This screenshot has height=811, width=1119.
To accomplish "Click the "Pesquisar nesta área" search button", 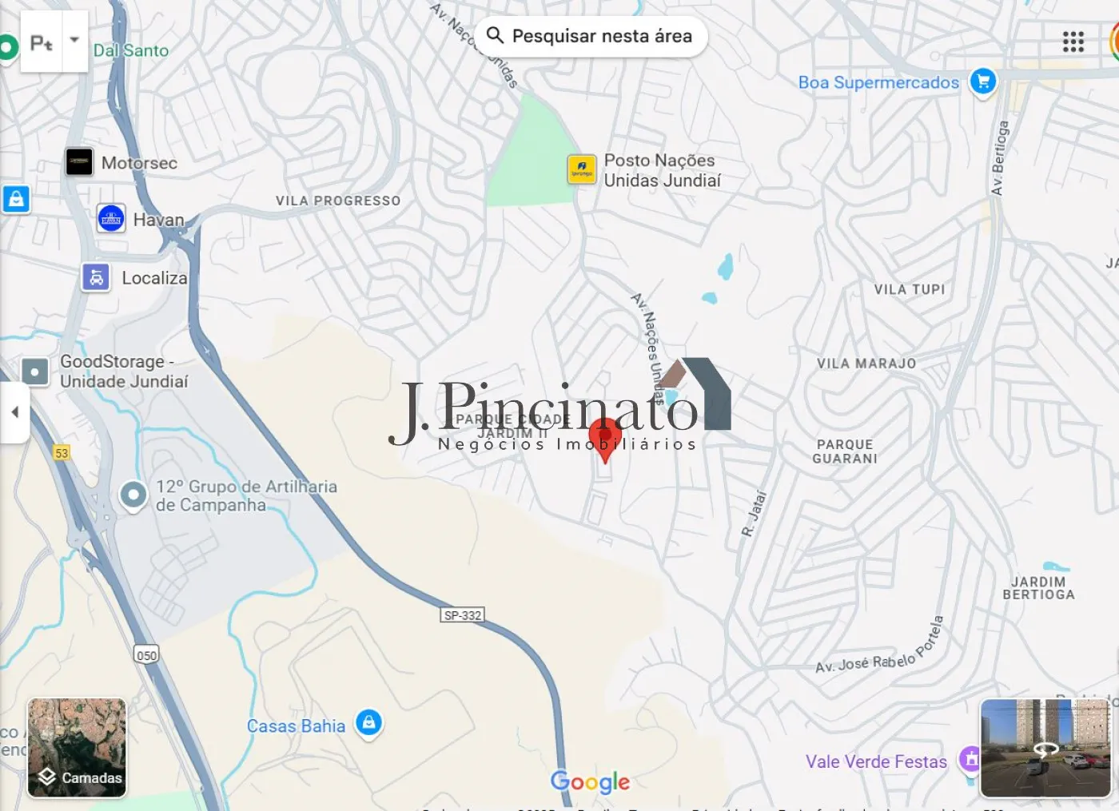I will [591, 36].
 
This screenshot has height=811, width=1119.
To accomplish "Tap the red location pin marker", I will [605, 438].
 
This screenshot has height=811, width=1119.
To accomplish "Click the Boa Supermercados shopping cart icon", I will [983, 81].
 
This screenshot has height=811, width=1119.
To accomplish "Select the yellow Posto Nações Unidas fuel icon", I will [582, 169].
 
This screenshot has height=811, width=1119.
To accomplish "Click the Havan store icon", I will [111, 218].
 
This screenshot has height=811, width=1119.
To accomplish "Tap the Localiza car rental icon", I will [96, 278].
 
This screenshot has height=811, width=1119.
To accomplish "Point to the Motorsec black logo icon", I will [79, 162].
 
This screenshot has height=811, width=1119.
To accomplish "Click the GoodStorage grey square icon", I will [35, 372].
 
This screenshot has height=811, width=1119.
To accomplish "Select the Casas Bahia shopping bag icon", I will [368, 723].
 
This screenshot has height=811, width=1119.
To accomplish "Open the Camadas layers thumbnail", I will [77, 748].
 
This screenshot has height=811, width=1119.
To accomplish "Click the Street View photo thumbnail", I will [1045, 748].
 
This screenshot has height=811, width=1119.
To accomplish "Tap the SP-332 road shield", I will [463, 615].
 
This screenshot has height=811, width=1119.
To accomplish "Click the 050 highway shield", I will [146, 655].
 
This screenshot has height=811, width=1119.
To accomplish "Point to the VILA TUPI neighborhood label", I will [910, 289].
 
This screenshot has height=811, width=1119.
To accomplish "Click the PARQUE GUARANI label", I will [845, 451].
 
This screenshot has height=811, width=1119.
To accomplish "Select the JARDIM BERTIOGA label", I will [1038, 588].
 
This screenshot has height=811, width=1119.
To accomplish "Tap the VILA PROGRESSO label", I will [338, 201].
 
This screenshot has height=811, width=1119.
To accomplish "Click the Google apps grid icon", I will [1073, 42].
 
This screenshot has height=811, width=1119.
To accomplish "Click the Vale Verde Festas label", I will [876, 761].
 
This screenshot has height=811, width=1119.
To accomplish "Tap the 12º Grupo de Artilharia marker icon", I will [133, 495].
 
